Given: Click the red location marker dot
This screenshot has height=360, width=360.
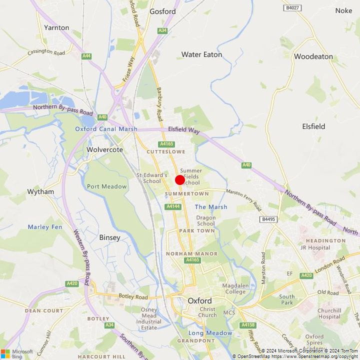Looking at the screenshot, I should (x=180, y=180).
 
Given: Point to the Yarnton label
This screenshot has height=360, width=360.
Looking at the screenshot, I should (x=56, y=27).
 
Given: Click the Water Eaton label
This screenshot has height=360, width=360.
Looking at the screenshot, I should (x=201, y=54).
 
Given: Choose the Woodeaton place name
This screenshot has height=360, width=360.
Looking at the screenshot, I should (x=313, y=56).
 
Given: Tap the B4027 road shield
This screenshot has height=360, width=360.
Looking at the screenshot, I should (x=292, y=8).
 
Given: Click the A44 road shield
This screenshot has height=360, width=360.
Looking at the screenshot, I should (x=87, y=56).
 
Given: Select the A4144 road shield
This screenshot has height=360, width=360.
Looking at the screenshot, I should (x=172, y=206).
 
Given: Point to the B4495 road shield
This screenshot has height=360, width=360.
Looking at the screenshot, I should (x=268, y=219).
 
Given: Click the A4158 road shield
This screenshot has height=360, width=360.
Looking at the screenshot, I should (x=247, y=325).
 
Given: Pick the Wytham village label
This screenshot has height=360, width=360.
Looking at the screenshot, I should (x=40, y=191).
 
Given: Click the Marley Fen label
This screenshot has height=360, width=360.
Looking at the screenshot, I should (x=44, y=226).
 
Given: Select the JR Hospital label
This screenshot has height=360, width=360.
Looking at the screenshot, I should (x=315, y=247).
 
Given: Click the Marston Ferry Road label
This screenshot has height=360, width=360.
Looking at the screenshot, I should (x=243, y=198).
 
